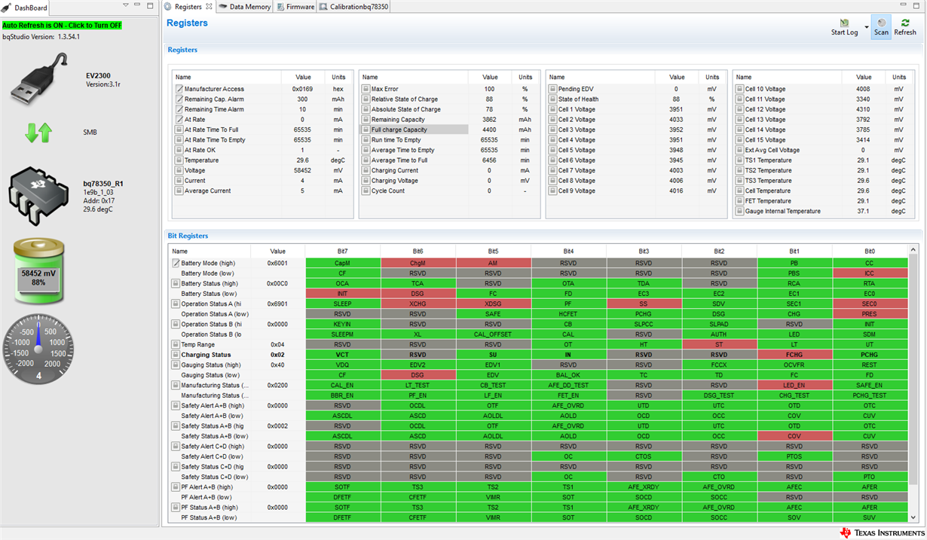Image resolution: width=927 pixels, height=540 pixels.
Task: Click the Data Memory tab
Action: pos(245,7)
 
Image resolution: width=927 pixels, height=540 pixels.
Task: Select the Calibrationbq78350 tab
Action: pos(353,7)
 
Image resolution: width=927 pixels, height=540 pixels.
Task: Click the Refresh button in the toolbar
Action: pos(905,27)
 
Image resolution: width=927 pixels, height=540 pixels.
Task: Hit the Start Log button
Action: pos(844,27)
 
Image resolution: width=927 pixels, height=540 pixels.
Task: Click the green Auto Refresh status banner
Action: pos(62,25)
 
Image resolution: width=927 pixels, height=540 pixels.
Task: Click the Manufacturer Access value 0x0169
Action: pos(302,89)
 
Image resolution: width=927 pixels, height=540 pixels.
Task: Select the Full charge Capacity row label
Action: pos(399,130)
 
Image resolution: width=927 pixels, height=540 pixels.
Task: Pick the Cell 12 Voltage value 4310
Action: pos(864,109)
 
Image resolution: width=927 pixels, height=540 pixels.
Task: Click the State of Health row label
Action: pos(578,99)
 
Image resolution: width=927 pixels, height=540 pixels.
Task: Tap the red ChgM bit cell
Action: pos(418,263)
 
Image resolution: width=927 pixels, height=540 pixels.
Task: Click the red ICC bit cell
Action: pos(869,273)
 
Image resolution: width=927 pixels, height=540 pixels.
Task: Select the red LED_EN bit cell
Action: pos(794,385)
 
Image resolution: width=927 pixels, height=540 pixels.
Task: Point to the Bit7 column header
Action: pos(342,251)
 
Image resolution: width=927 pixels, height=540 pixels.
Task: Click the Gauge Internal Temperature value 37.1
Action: pos(864,212)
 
